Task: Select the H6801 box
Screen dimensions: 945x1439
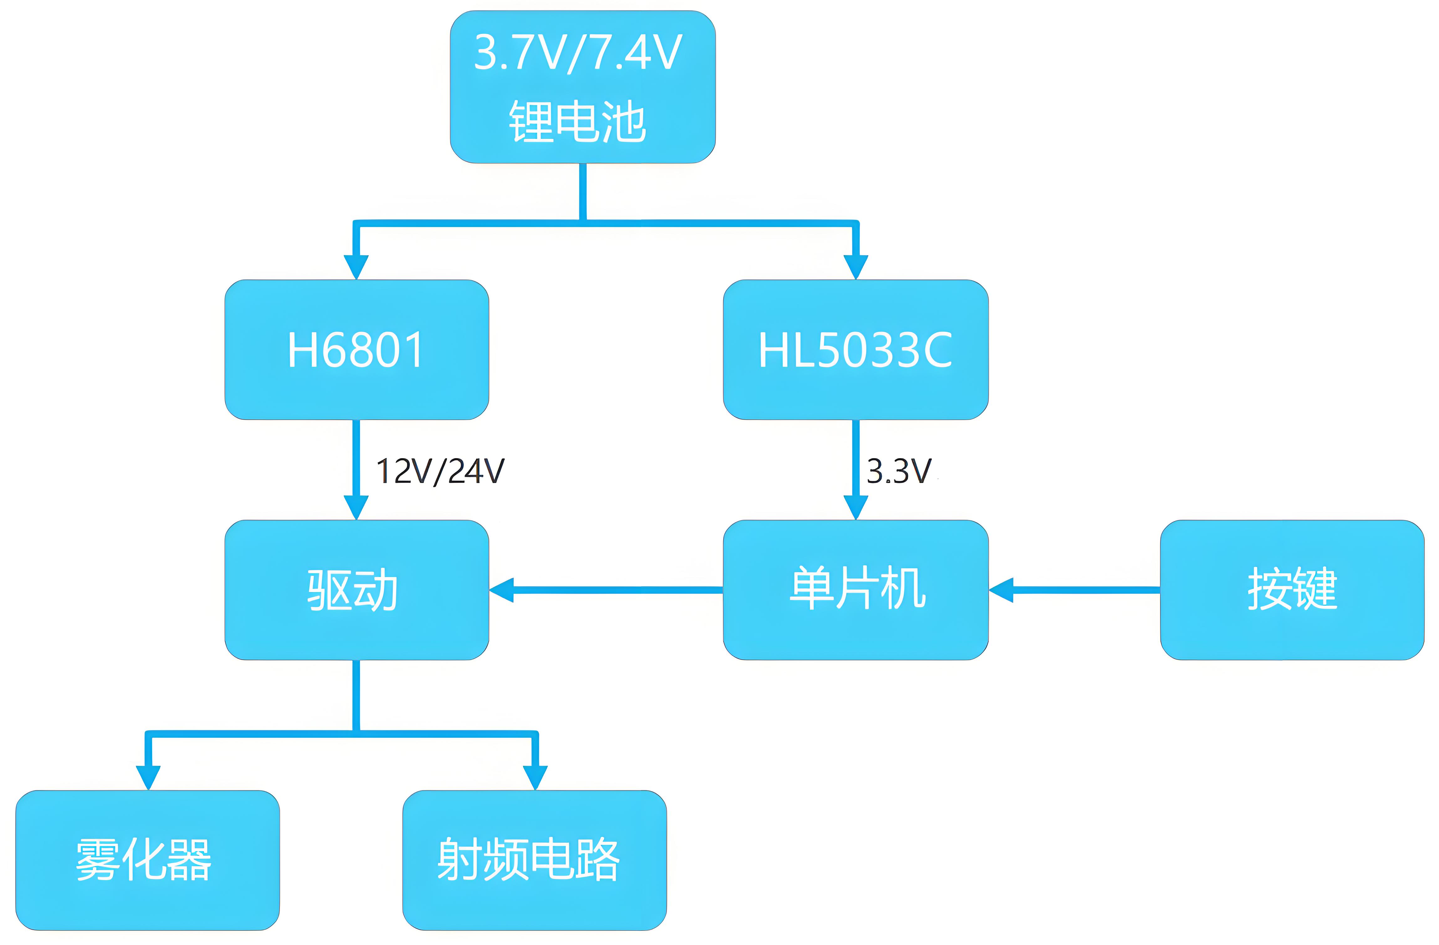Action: tap(356, 349)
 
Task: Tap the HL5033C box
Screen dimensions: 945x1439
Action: tap(855, 349)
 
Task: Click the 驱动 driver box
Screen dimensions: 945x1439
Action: tap(356, 590)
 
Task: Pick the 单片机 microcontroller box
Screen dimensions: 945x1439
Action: tap(855, 590)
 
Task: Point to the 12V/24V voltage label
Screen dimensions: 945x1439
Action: tap(440, 471)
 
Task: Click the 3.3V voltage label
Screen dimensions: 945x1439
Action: tap(899, 471)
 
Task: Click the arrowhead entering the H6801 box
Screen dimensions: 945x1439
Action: tap(356, 267)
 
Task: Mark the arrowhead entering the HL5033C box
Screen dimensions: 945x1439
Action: tap(855, 267)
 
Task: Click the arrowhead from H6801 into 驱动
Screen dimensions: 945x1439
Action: tap(356, 507)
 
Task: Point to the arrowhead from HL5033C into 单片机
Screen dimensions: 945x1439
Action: tap(855, 507)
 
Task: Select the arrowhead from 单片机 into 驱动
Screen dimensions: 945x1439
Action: tap(502, 590)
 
